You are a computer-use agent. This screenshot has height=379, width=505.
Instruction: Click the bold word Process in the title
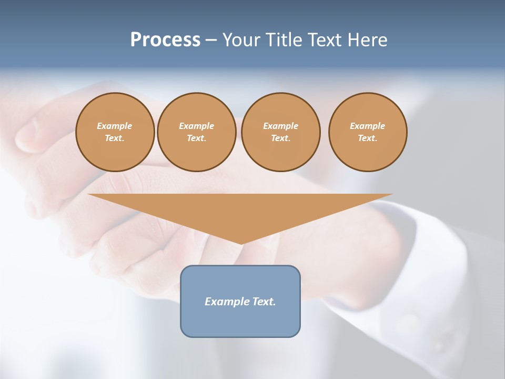(x=165, y=39)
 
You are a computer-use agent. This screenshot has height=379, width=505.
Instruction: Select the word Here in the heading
(x=367, y=39)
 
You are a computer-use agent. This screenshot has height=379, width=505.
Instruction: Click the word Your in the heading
(x=243, y=39)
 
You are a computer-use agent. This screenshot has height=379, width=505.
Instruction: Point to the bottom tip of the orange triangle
(x=241, y=243)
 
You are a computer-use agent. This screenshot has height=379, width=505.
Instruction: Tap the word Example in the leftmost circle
(x=115, y=126)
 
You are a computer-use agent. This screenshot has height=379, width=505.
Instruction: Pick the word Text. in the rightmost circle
(x=367, y=138)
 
